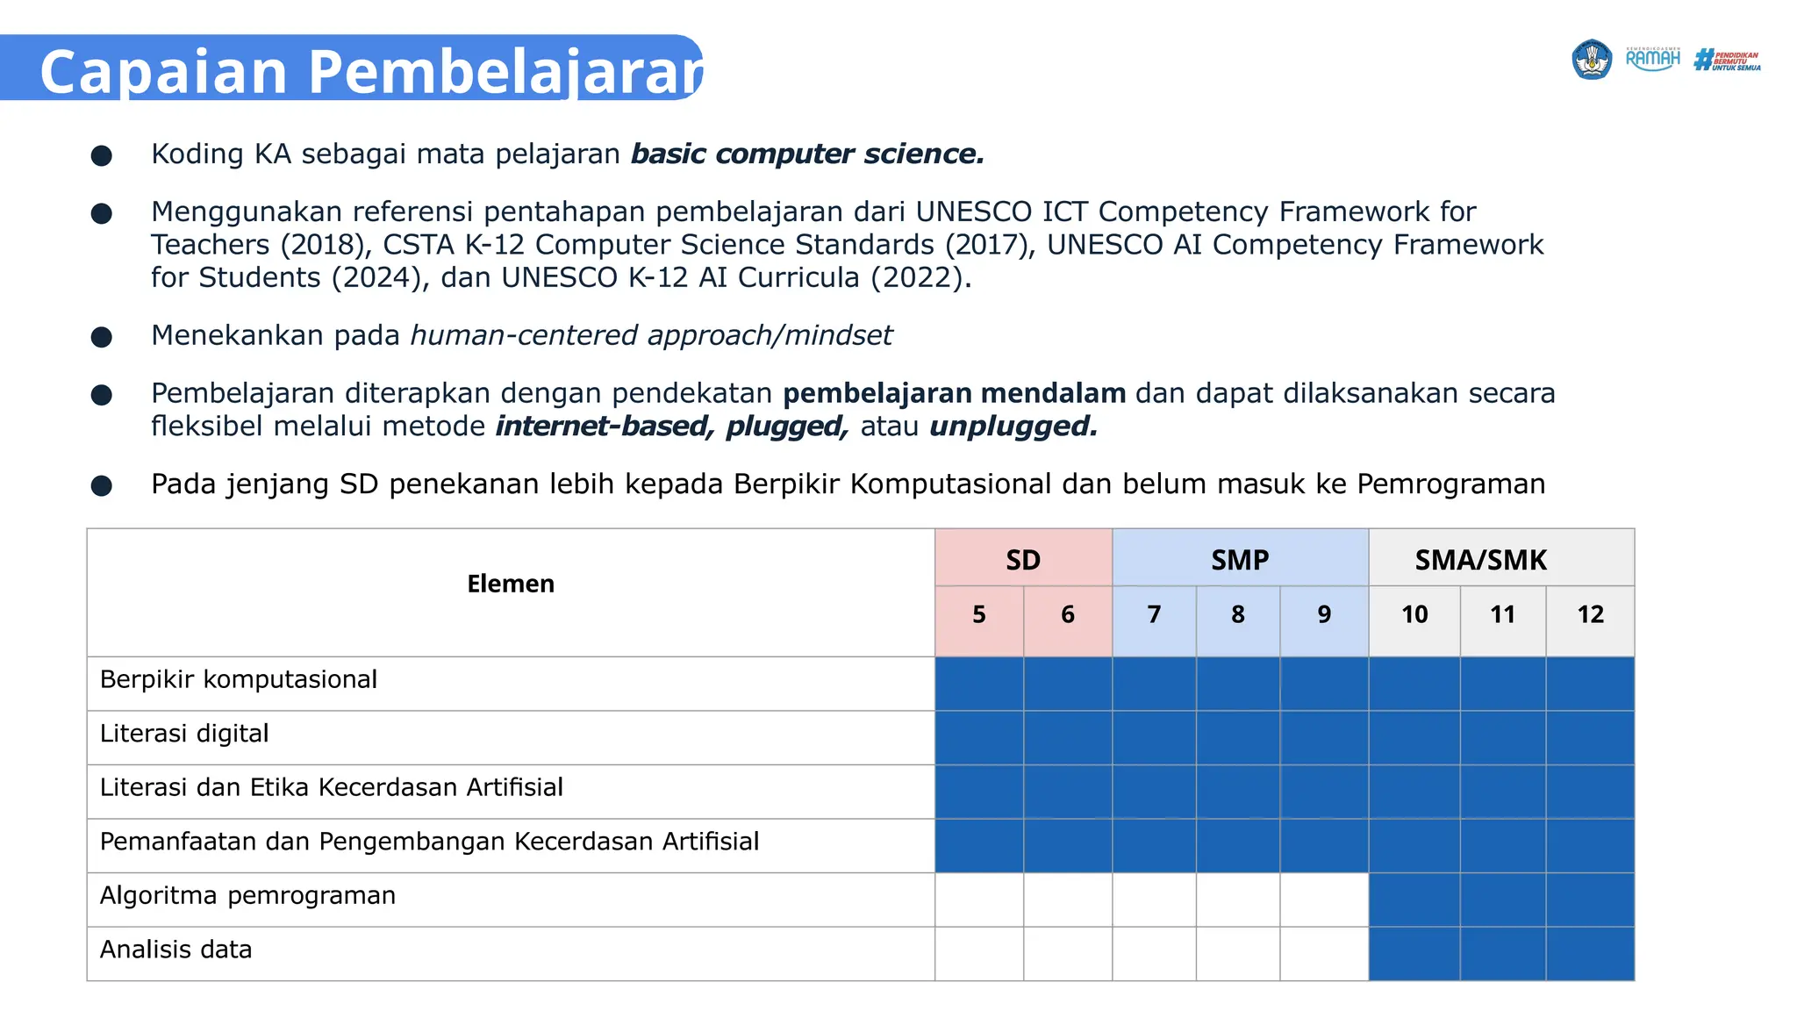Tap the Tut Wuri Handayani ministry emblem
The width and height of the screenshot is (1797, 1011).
point(1591,60)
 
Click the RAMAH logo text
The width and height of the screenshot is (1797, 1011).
point(1652,60)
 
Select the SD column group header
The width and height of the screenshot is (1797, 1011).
point(1023,559)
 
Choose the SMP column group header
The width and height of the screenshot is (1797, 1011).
point(1240,559)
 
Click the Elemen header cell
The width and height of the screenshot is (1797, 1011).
point(511,584)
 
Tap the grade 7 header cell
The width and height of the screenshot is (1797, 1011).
point(1154,614)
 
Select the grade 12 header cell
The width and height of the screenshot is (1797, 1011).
point(1590,614)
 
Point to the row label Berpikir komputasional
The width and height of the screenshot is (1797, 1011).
point(239,679)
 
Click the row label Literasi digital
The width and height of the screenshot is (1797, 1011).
point(184,734)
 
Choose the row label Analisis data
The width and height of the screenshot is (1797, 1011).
point(175,950)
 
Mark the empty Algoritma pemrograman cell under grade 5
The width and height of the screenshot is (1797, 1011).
point(979,900)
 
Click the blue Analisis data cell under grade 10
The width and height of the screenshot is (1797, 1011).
point(1414,954)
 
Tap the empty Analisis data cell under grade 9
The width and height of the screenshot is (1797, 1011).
point(1324,954)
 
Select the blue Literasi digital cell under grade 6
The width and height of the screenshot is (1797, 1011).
point(1068,737)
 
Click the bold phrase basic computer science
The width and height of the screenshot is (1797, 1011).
point(807,154)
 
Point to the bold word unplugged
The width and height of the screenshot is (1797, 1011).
point(1013,427)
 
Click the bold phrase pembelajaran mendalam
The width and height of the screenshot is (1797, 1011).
point(954,393)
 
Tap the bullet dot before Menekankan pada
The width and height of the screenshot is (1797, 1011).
point(102,337)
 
